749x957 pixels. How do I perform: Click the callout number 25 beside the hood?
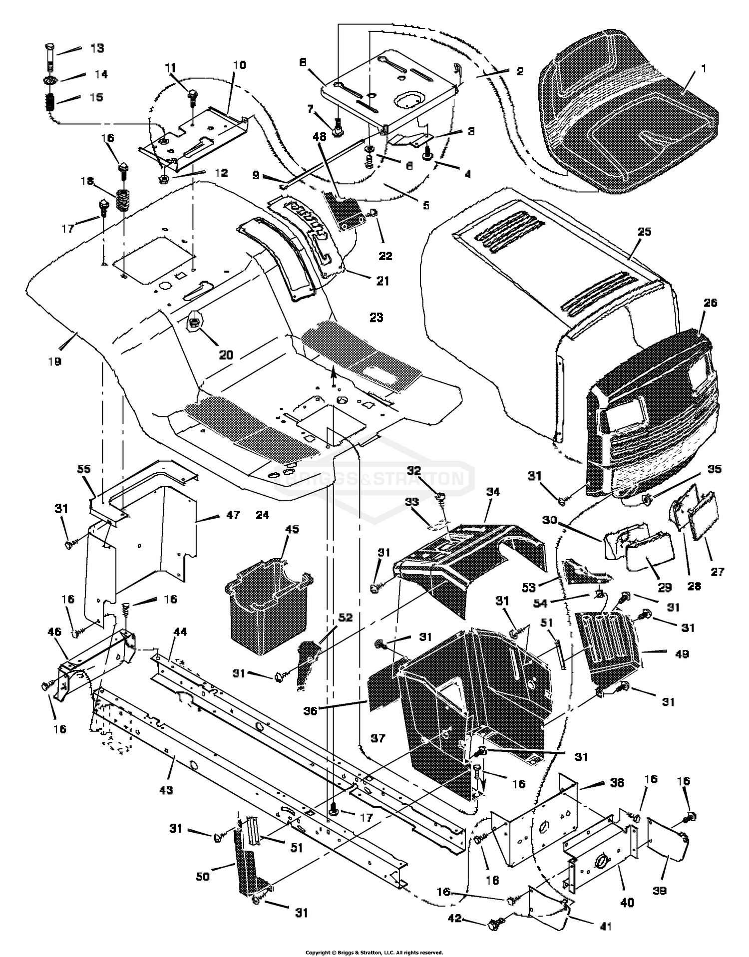[x=645, y=232]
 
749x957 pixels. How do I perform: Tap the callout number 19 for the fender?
[x=54, y=361]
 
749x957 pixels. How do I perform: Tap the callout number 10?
[x=239, y=65]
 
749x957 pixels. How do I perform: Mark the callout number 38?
[x=617, y=783]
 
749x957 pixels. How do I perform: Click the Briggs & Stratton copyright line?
[x=374, y=952]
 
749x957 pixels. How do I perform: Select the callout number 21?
[x=382, y=281]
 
